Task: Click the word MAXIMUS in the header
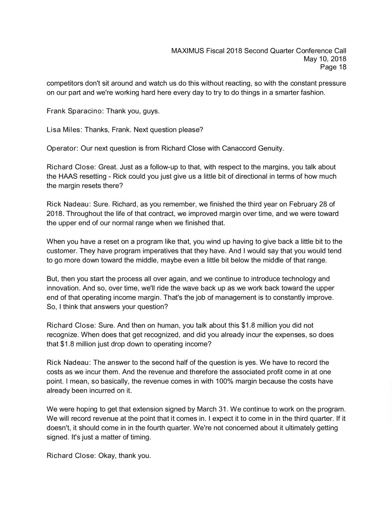tap(189, 51)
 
